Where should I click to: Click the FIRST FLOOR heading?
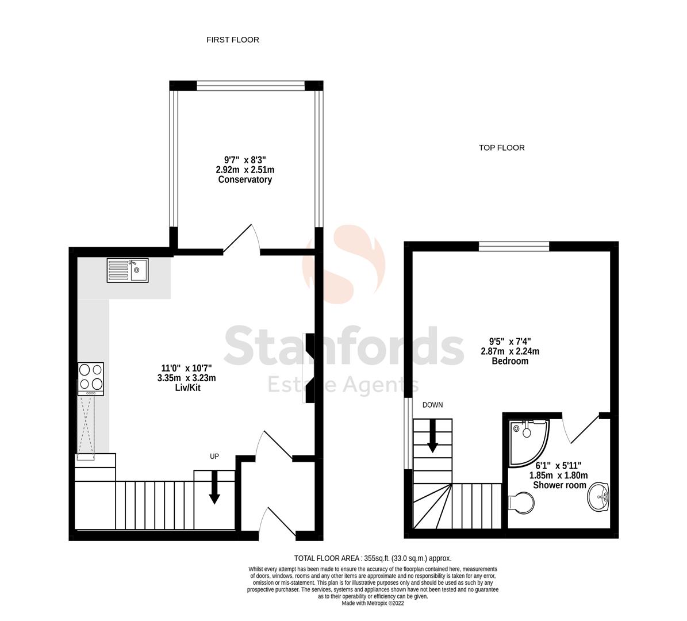[x=233, y=40]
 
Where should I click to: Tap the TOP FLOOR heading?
[x=501, y=148]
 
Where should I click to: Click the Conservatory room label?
[x=245, y=180]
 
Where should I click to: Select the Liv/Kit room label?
[x=189, y=388]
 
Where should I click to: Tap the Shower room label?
[x=559, y=485]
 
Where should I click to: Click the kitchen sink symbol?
[x=127, y=270]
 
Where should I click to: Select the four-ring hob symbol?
[x=90, y=376]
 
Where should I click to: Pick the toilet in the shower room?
[x=521, y=501]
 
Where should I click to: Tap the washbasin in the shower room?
[x=599, y=496]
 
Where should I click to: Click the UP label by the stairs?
[x=214, y=457]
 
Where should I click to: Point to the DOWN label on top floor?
[x=432, y=405]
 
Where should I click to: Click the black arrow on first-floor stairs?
[x=214, y=486]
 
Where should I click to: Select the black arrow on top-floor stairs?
[x=432, y=435]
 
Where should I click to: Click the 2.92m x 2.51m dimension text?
[x=245, y=170]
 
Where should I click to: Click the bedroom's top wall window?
[x=514, y=247]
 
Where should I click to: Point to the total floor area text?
[x=373, y=558]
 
